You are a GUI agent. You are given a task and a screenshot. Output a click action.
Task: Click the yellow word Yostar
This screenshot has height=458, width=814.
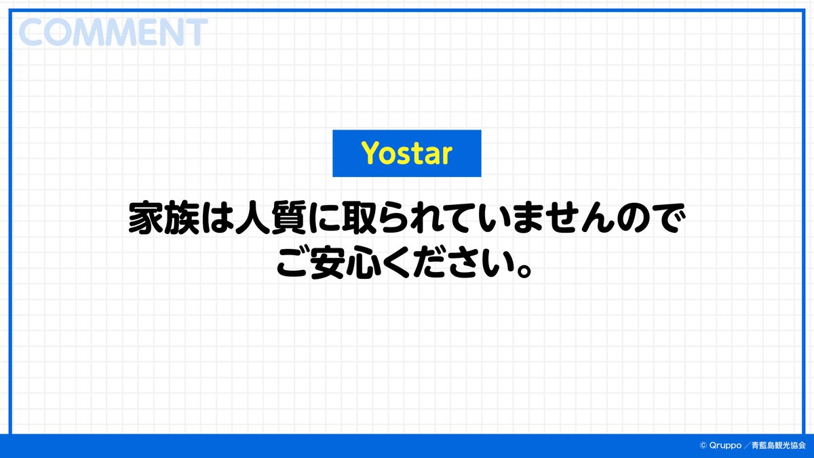406,153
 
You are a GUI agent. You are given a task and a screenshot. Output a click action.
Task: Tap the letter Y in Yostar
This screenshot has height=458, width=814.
370,152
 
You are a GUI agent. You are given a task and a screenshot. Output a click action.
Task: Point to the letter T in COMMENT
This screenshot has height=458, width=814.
196,33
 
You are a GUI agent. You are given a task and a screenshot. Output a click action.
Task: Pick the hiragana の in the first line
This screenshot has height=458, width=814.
634,218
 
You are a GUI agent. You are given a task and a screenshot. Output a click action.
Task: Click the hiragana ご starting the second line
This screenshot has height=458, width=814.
293,262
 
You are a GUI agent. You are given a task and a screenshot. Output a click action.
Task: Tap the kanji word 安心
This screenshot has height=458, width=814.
346,263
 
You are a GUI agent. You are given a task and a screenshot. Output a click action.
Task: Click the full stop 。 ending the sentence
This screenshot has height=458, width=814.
524,270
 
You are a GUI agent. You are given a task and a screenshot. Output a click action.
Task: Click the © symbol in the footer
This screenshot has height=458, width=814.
703,445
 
